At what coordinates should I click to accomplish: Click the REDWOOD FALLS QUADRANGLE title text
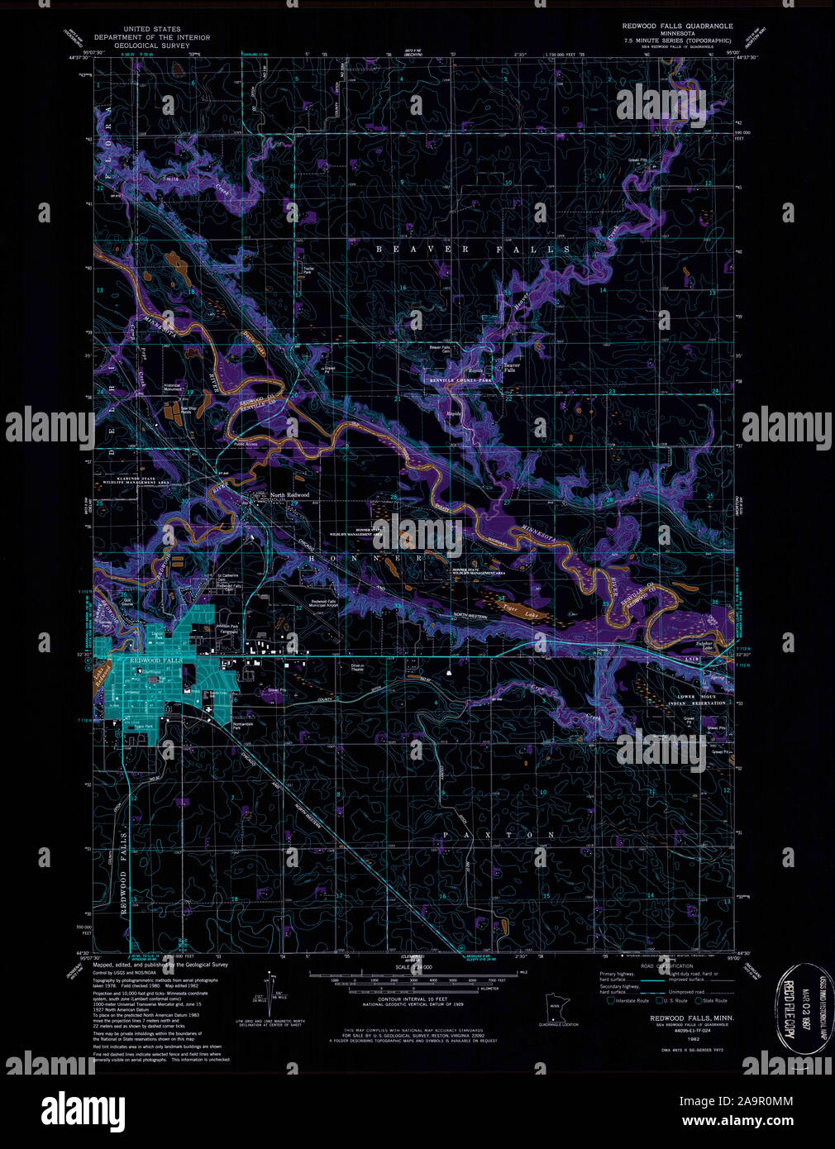(677, 26)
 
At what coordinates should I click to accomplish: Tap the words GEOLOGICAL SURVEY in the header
(151, 46)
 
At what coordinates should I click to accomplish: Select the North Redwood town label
(289, 495)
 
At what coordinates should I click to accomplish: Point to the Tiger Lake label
(515, 606)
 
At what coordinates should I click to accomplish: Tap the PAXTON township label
(499, 835)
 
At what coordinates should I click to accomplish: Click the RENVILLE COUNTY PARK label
(460, 380)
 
